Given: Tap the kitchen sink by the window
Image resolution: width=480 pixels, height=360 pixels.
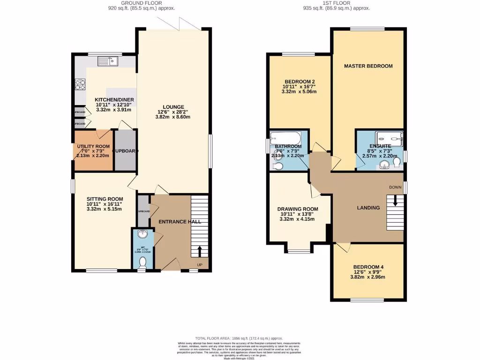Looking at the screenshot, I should click(108, 61).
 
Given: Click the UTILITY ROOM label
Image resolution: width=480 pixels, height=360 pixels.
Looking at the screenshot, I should click(94, 147).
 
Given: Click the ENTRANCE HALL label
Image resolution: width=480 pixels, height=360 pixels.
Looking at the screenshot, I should click(173, 221).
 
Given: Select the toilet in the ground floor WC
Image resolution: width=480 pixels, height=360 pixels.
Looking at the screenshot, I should click(143, 263).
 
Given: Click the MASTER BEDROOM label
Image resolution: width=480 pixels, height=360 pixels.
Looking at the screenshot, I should click(368, 66).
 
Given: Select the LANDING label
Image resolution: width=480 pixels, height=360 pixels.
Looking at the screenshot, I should click(368, 208).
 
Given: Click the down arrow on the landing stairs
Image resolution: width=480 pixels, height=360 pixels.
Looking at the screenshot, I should click(395, 201).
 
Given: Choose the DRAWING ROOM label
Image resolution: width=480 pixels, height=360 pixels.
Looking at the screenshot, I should click(298, 209).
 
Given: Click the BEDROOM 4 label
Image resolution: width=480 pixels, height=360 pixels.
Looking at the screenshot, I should click(368, 267).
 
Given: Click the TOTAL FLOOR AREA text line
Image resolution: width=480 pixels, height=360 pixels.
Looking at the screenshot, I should click(240, 338).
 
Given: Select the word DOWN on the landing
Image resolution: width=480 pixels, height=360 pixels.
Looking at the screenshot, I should click(395, 187).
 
